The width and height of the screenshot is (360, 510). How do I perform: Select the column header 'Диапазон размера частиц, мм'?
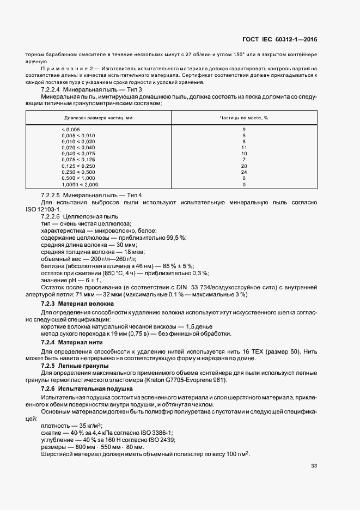tap(99, 117)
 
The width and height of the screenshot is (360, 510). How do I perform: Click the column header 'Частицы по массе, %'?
tap(244, 117)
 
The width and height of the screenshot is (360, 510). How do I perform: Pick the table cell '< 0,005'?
tap(71, 129)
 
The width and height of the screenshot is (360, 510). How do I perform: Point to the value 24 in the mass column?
tap(244, 172)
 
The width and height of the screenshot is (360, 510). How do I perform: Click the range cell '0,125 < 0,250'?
tap(78, 166)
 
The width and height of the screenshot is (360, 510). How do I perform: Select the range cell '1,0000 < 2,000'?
tap(80, 184)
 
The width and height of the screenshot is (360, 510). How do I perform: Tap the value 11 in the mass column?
tap(244, 148)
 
